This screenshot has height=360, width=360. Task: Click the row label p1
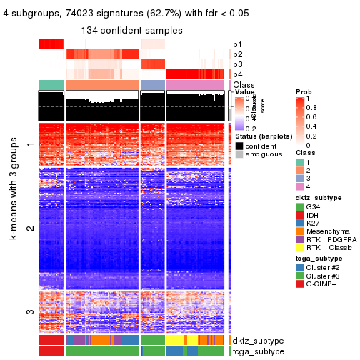click(238, 44)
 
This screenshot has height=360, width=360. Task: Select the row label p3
click(238, 64)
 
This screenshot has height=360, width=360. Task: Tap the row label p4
click(238, 74)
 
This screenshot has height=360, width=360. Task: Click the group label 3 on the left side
click(30, 311)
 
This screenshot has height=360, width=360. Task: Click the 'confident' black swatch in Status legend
click(239, 145)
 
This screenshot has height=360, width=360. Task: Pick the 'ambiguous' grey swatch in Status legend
click(239, 154)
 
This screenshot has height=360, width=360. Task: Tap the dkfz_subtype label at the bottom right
click(259, 341)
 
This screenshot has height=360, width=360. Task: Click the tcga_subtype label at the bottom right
click(259, 351)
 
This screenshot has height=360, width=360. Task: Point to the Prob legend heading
click(303, 92)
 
